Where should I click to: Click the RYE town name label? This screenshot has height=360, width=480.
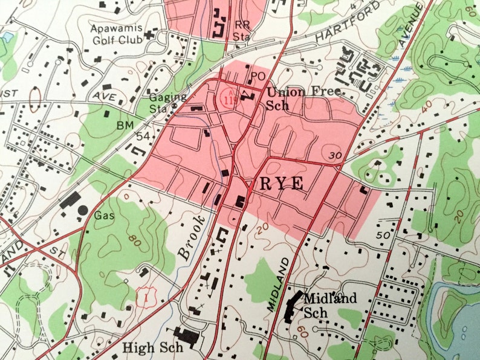coord(282,185)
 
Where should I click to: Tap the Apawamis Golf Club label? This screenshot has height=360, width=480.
coord(116,34)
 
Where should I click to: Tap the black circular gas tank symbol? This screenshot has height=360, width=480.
coord(83,210)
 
